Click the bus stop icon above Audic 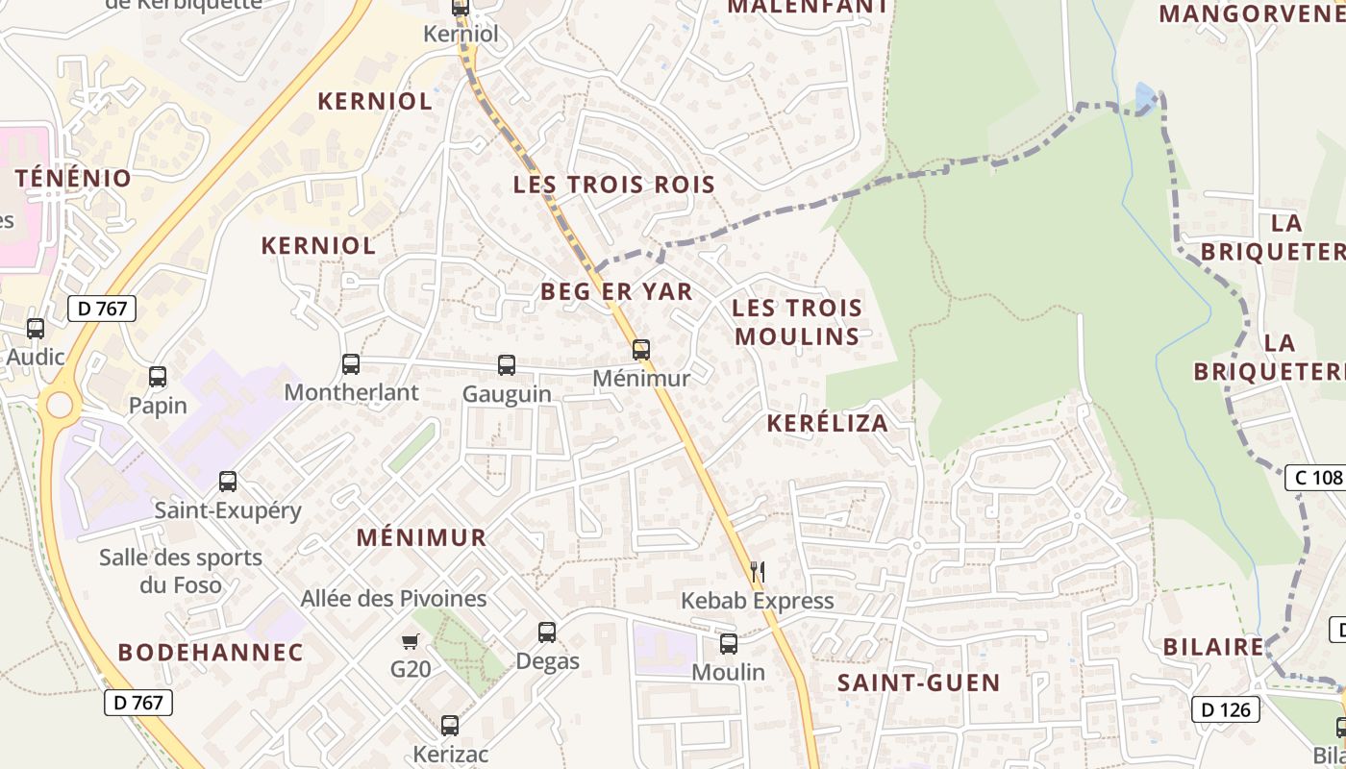[36, 329]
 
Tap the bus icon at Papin [158, 377]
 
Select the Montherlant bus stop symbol [351, 364]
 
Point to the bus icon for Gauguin [507, 365]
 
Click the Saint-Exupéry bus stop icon [228, 482]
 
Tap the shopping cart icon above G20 [411, 641]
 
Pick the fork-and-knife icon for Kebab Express [758, 572]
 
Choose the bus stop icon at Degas [547, 633]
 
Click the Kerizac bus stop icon [450, 726]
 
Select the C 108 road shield [1314, 478]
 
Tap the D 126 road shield [1225, 710]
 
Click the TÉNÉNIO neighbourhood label [73, 178]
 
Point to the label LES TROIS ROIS [614, 185]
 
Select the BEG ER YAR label [616, 291]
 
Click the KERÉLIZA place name [828, 423]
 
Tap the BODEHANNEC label [211, 652]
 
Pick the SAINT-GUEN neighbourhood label [918, 683]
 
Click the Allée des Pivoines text [393, 599]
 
